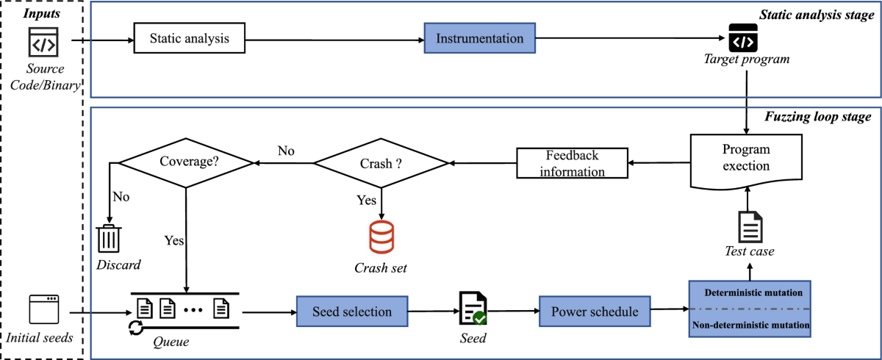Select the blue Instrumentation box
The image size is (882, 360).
[480, 38]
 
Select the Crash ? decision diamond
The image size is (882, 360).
[381, 162]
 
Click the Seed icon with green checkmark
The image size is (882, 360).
[471, 309]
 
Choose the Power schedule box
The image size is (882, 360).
[595, 312]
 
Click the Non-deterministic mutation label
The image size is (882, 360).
[749, 323]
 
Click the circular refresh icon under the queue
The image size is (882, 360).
[135, 328]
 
